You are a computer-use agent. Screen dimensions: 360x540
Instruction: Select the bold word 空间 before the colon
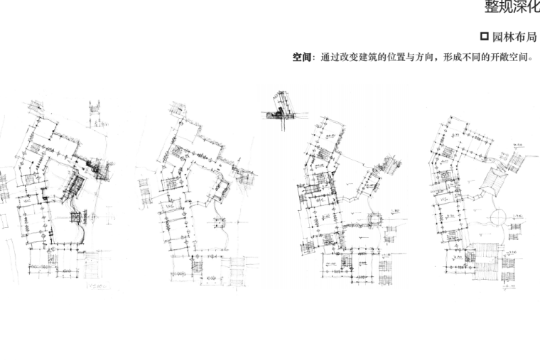[302, 57]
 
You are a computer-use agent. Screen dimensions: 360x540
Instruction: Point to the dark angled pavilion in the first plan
[74, 187]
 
